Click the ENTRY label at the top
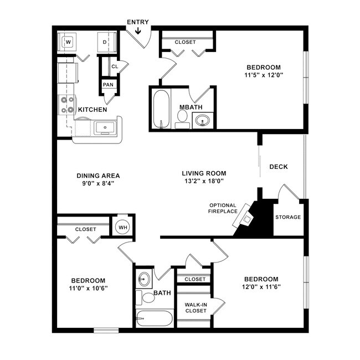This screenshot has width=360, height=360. (x=137, y=22)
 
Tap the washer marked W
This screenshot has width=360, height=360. (x=69, y=42)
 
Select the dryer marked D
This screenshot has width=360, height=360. (x=105, y=42)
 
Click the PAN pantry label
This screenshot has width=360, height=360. (x=107, y=85)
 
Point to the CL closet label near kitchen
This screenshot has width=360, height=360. (x=114, y=66)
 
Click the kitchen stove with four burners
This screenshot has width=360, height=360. (x=67, y=105)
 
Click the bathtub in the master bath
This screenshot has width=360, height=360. (x=161, y=109)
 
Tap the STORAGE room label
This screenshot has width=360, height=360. (x=288, y=217)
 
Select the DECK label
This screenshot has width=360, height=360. (x=278, y=167)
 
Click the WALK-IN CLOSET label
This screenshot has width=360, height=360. (x=196, y=307)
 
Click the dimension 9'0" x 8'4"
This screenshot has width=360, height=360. (x=98, y=184)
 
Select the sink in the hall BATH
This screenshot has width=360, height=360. (x=144, y=278)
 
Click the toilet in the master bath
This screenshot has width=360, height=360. (x=182, y=116)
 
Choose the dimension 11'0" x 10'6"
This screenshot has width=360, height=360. (x=88, y=289)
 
